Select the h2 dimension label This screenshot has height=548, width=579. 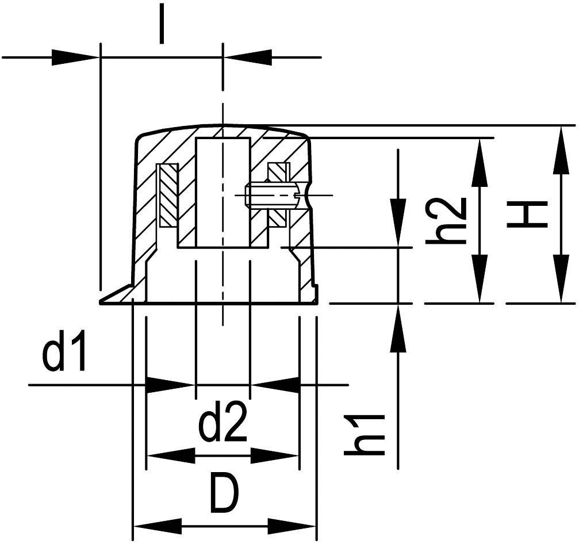pyautogui.click(x=445, y=221)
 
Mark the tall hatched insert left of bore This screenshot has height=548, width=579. pyautogui.click(x=168, y=196)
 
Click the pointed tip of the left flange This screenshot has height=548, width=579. pyautogui.click(x=103, y=301)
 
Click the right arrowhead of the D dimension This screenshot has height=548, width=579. pyautogui.click(x=293, y=526)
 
